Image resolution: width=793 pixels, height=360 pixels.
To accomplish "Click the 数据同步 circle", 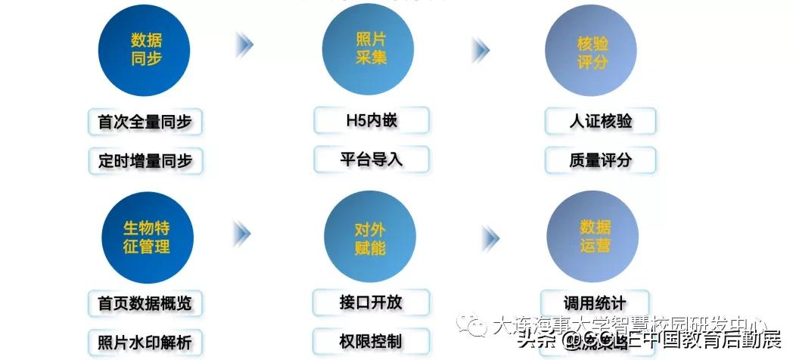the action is [x=145, y=50].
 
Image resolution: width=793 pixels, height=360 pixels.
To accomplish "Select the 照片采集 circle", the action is [x=369, y=49].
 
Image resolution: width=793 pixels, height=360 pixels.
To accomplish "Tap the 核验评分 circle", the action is [x=591, y=51].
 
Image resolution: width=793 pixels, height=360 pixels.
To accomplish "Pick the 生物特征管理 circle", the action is [x=145, y=237].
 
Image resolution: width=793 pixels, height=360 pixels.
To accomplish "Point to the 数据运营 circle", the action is [x=592, y=237].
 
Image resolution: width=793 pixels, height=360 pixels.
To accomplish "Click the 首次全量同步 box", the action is [x=145, y=122].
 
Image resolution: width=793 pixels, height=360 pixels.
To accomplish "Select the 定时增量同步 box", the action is [x=145, y=160].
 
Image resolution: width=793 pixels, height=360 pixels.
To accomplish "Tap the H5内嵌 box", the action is [x=371, y=120].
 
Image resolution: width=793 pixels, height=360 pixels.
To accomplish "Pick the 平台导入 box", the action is [x=371, y=160].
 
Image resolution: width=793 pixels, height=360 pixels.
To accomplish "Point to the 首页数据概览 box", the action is [x=145, y=303].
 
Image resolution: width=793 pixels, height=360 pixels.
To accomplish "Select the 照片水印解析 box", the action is [x=145, y=342].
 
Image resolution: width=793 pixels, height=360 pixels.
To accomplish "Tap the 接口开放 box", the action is [x=371, y=303].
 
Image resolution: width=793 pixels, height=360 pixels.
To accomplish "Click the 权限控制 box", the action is [x=371, y=340].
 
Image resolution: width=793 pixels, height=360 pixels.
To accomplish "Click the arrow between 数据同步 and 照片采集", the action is [x=244, y=45].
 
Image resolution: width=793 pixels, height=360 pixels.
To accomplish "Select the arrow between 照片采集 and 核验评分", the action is [x=480, y=50].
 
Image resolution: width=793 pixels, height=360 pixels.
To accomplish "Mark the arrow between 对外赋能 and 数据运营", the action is [x=490, y=238].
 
